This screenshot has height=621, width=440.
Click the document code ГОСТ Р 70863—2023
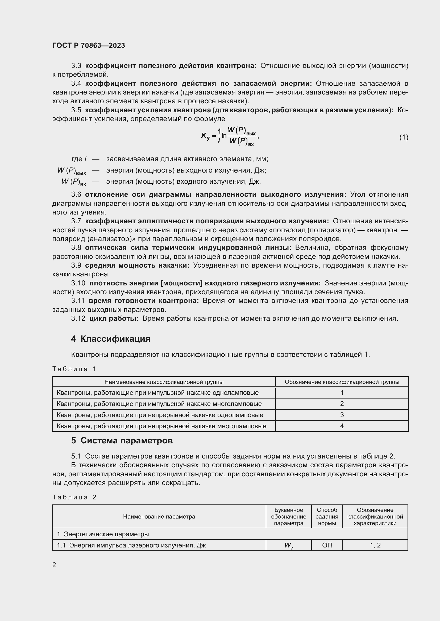coord(89,45)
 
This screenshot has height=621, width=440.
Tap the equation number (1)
coord(404,138)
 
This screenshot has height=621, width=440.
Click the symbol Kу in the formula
coord(205,136)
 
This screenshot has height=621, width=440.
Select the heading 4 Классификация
coord(111,339)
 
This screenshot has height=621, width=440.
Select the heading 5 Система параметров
coord(122,441)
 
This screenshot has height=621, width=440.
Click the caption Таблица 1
coord(74,369)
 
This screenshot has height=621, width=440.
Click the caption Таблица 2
coord(74,497)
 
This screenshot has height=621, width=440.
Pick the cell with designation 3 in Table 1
coord(342,415)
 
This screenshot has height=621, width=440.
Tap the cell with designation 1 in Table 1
coord(342,392)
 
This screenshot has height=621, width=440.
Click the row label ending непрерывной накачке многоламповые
coord(161,426)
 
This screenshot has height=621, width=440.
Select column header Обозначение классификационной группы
coord(342,382)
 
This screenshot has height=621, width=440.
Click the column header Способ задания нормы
coord(327,517)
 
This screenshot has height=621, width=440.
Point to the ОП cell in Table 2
coord(327,545)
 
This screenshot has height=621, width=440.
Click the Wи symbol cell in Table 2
coord(289,546)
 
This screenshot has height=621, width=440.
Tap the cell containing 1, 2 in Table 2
coord(375,545)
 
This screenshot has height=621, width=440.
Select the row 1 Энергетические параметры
coord(103,534)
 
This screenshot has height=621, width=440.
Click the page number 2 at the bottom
coord(54,565)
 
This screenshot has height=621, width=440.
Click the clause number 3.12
coord(78,319)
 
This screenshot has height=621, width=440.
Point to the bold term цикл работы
coord(114,319)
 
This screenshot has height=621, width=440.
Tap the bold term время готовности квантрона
coord(144,301)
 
